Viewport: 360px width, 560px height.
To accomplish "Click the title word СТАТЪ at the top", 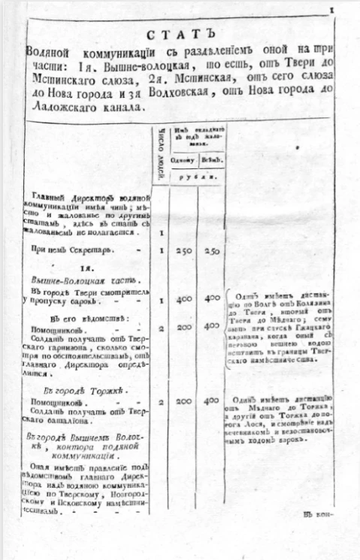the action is [x=180, y=35].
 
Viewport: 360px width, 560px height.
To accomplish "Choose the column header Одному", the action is [x=183, y=158].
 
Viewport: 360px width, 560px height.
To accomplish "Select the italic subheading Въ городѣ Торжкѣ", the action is [x=84, y=391].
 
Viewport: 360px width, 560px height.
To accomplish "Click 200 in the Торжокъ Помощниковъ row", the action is [x=183, y=403].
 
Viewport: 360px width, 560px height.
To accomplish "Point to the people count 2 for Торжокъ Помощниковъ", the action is [x=162, y=403].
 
